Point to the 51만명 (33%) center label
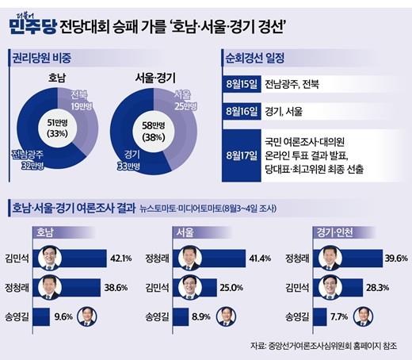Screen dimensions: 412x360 pyautogui.click(x=58, y=128)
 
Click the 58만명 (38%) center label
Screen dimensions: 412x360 pyautogui.click(x=154, y=132)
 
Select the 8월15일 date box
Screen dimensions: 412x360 pyautogui.click(x=242, y=84)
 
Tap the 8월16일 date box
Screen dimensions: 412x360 pyautogui.click(x=242, y=111)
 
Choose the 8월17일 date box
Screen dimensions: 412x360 pyautogui.click(x=242, y=155)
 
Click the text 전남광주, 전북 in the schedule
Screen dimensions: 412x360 pyautogui.click(x=292, y=84)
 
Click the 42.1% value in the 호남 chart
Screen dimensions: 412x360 pyautogui.click(x=121, y=259)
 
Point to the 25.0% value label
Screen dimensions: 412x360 pyautogui.click(x=231, y=288)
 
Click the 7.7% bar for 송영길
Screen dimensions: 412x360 pyautogui.click(x=319, y=317)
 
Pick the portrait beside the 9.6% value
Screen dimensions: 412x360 pyautogui.click(x=87, y=316)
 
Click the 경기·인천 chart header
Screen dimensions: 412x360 pyautogui.click(x=334, y=232)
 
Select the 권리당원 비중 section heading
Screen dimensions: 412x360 pyautogui.click(x=41, y=58)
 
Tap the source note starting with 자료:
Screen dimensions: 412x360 pyautogui.click(x=323, y=346)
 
